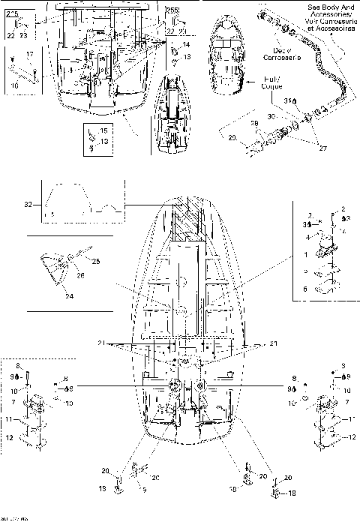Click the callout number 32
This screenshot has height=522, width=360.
(x=28, y=202)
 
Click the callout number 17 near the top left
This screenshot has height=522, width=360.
(x=31, y=55)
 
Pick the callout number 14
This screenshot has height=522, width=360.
(x=187, y=45)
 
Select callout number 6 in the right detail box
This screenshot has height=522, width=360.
(x=304, y=289)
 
